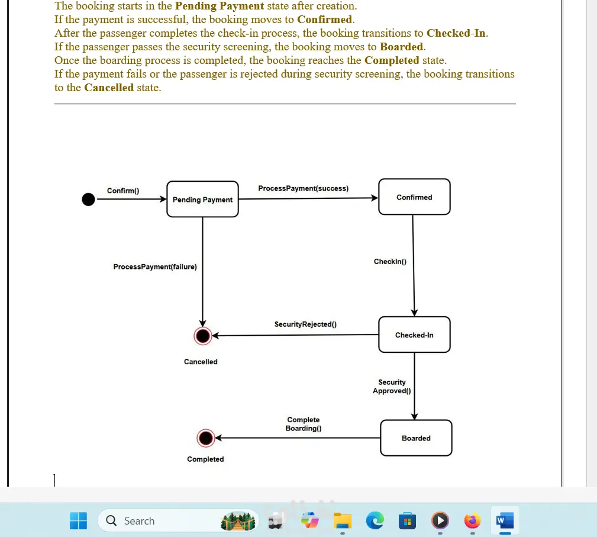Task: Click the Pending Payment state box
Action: (202, 200)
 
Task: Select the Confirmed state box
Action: (414, 197)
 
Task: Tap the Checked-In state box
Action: (414, 335)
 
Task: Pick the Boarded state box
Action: (416, 438)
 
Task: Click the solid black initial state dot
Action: (88, 200)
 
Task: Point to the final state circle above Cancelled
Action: (203, 336)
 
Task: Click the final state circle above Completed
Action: (205, 438)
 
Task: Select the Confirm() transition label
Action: (123, 191)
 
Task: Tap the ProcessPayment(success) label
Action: (303, 188)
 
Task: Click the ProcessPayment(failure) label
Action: (155, 267)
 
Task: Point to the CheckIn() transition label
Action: (390, 262)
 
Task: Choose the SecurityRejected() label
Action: (305, 324)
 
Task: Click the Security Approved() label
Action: (392, 387)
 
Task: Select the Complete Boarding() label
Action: (303, 424)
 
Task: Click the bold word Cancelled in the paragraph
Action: (109, 88)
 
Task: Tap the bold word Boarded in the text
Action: (402, 47)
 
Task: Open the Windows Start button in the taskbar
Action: (78, 521)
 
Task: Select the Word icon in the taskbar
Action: (504, 521)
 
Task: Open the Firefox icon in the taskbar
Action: (472, 521)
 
